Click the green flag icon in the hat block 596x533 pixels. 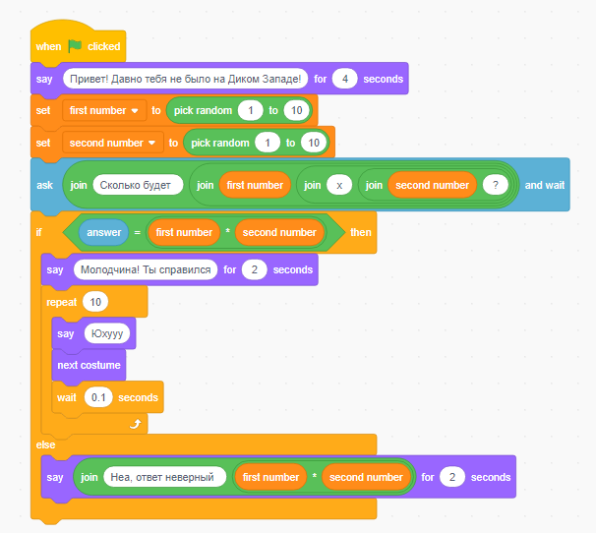point(75,46)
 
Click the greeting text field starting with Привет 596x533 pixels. point(184,79)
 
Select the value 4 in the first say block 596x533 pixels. point(343,79)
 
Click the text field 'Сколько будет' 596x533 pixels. point(138,185)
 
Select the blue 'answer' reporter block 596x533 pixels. point(103,232)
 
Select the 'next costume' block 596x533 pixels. point(89,365)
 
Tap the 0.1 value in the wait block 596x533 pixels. point(97,397)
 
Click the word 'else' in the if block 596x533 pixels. point(46,445)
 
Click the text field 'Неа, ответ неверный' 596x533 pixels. point(163,477)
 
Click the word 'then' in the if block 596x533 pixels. point(361,232)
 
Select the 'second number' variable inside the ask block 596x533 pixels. point(432,185)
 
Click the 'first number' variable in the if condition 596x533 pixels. point(184,232)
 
